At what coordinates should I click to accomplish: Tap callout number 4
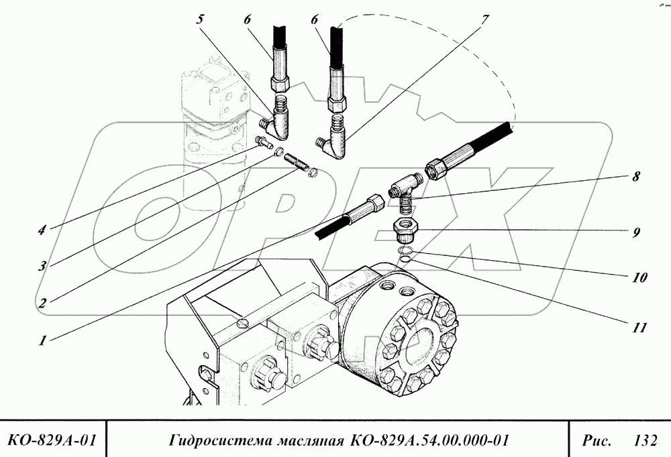(x=42, y=230)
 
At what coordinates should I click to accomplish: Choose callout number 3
(x=42, y=266)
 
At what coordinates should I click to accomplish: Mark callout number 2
(x=42, y=303)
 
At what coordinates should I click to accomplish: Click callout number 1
(x=42, y=340)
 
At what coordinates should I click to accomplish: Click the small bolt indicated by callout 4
(x=262, y=141)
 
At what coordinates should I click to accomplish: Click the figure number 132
(x=644, y=440)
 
